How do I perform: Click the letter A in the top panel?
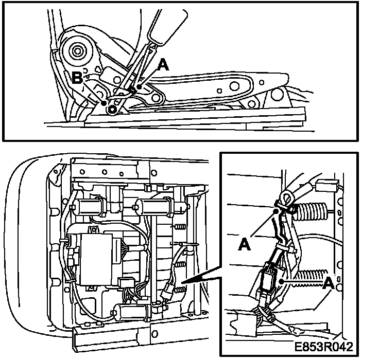(x=162, y=65)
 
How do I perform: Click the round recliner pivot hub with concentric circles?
(x=77, y=51)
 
